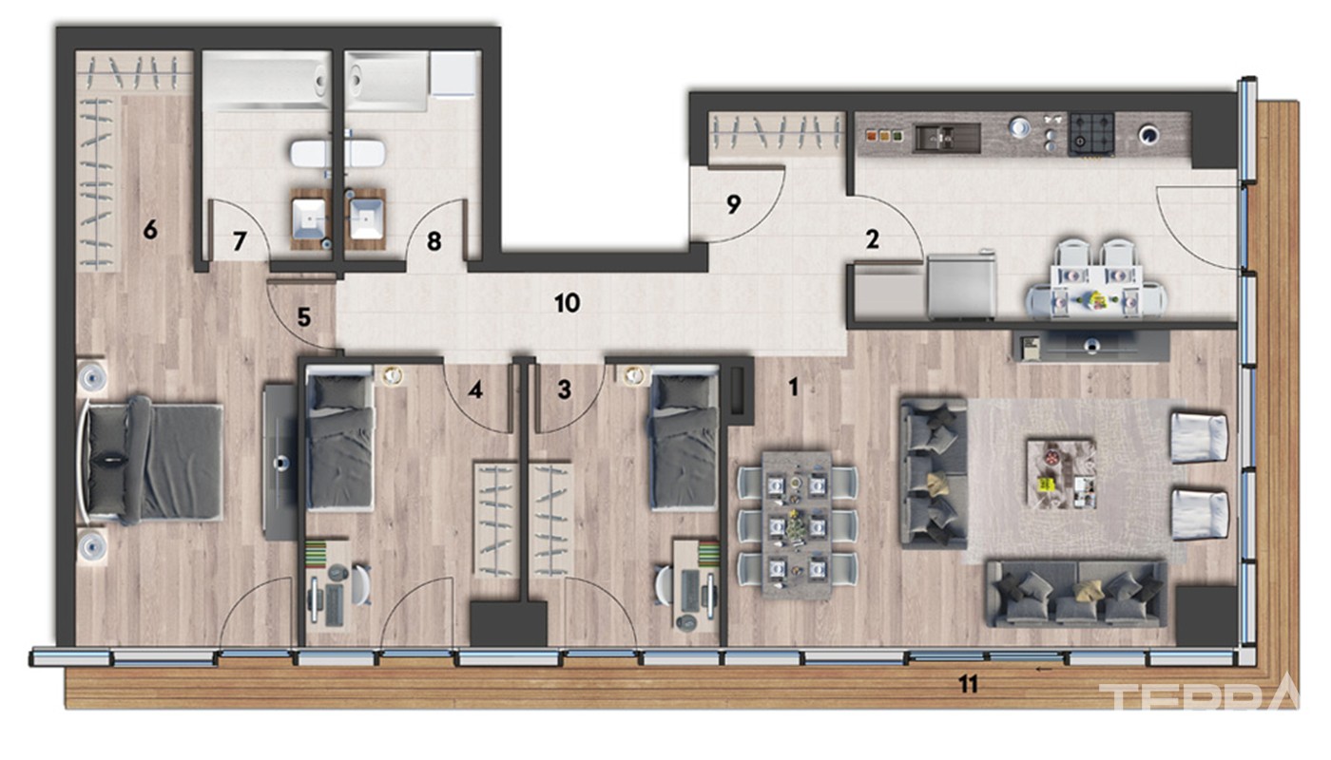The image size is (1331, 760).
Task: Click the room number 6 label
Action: tap(150, 229)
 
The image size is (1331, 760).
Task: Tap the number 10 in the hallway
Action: tap(567, 303)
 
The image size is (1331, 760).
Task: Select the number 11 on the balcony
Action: tap(968, 685)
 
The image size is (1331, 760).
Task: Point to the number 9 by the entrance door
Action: tap(734, 204)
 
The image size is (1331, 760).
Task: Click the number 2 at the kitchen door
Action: tap(872, 239)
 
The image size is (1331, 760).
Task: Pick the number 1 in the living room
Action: tap(793, 388)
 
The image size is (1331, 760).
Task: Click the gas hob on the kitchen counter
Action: tap(1091, 134)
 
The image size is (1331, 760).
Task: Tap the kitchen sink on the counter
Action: tap(947, 137)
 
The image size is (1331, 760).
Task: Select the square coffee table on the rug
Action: tap(1062, 474)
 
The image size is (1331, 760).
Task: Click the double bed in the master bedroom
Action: tap(151, 461)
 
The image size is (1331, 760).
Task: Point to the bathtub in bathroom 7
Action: tap(265, 81)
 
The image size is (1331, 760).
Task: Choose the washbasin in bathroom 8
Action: tap(367, 218)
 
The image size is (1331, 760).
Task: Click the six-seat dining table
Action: tap(797, 524)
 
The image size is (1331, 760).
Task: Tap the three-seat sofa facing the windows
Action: tap(934, 473)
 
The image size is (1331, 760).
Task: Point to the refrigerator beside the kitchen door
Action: tap(961, 285)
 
